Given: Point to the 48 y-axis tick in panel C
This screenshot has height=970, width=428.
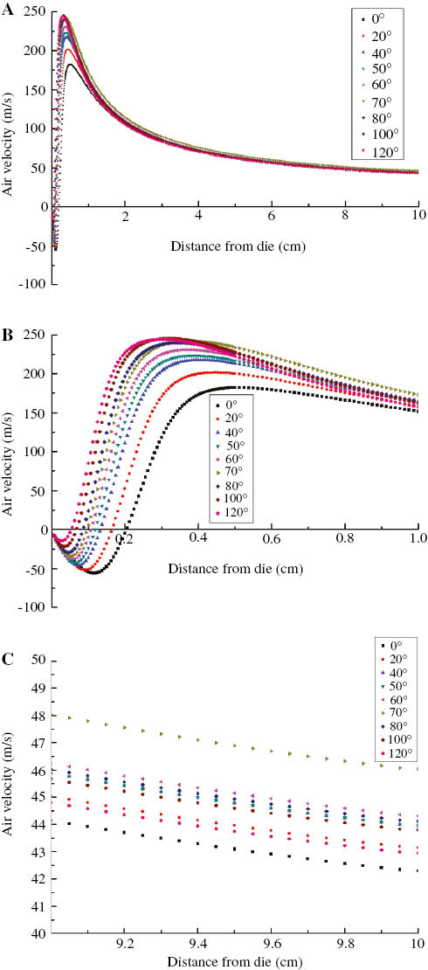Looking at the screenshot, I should click(x=38, y=714).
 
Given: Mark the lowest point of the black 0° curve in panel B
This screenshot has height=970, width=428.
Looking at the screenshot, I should click(x=93, y=572).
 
